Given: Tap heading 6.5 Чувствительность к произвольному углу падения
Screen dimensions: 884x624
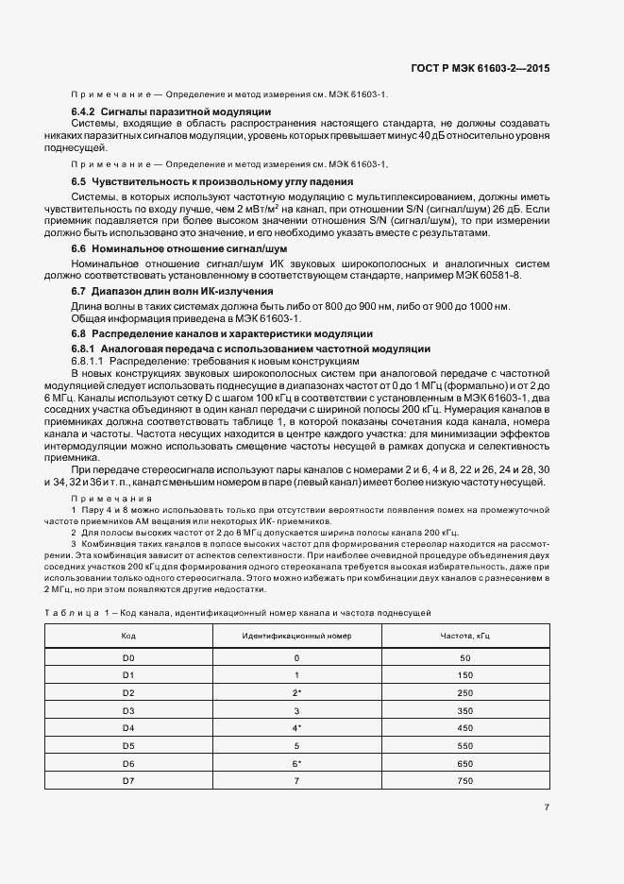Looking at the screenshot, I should [212, 180].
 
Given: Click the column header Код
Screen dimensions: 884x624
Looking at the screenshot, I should [129, 636].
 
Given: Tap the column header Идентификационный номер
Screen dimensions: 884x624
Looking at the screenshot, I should [296, 636].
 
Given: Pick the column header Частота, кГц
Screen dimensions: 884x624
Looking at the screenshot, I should [464, 636].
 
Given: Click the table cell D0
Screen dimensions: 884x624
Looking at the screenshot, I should [129, 657].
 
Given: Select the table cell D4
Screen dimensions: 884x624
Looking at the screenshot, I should [129, 727].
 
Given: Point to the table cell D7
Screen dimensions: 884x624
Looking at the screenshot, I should [129, 780].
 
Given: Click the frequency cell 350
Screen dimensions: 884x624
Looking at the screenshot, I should [464, 710].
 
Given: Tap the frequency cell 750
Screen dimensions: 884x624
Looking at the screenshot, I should [464, 780].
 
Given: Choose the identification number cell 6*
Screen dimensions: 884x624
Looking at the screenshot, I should [296, 762].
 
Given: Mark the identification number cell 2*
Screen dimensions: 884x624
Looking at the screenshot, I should [296, 692].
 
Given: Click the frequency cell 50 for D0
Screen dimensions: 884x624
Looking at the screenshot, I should [464, 657].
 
